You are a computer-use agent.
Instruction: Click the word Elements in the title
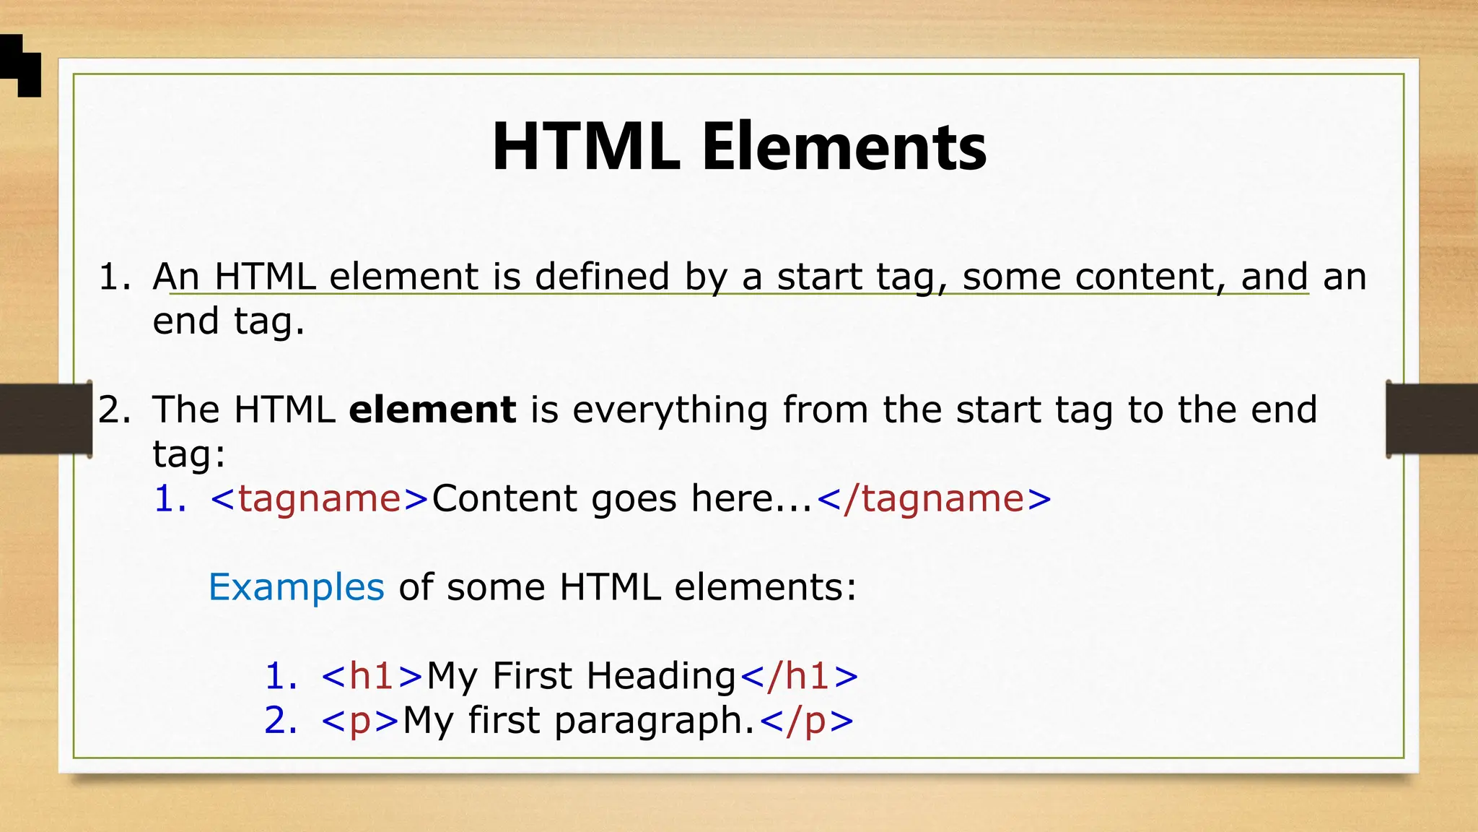[844, 147]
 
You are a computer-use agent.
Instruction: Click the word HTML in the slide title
[586, 147]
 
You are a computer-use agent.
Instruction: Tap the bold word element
[432, 409]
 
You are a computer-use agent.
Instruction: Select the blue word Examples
[296, 586]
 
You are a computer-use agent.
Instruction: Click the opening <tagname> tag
[320, 498]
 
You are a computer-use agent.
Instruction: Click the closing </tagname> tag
[934, 498]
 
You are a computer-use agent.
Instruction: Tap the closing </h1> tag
[800, 676]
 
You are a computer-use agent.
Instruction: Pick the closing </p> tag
[807, 721]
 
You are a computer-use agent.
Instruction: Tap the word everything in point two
[670, 409]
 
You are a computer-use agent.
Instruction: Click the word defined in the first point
[602, 277]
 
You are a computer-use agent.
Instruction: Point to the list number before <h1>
[280, 676]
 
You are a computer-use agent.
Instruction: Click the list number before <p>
[280, 721]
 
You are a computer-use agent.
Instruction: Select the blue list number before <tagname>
[170, 498]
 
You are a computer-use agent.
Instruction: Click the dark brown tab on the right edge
[1432, 419]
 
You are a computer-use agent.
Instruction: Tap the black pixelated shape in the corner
[20, 65]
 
